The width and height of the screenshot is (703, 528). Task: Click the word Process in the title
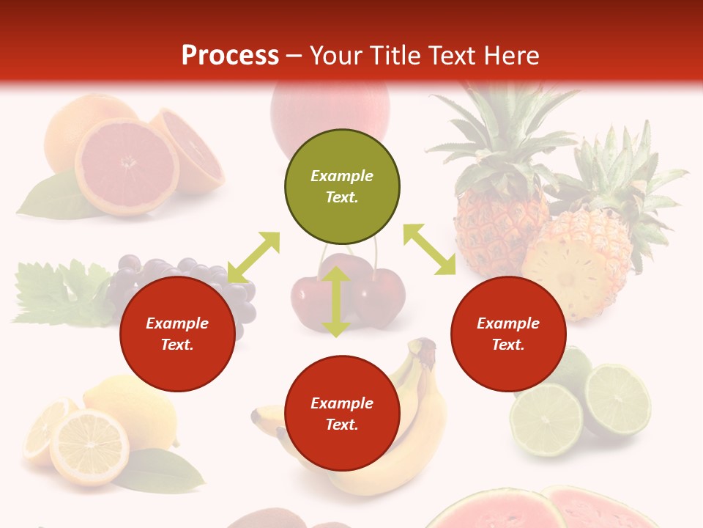point(230,56)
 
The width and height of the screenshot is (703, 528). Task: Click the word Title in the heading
point(396,56)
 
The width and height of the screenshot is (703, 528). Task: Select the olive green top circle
point(342,187)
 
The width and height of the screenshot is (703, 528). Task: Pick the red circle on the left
point(177,334)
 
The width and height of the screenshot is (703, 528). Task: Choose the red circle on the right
point(508,334)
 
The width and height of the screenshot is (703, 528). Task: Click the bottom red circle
point(342,413)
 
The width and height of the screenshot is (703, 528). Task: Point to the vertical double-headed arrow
point(336,301)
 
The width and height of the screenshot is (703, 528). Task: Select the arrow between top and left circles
point(253,257)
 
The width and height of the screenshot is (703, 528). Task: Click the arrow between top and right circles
point(430,249)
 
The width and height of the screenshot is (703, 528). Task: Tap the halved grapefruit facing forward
point(126,166)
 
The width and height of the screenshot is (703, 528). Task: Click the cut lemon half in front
point(89,447)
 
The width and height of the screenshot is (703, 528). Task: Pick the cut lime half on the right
point(617,400)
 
